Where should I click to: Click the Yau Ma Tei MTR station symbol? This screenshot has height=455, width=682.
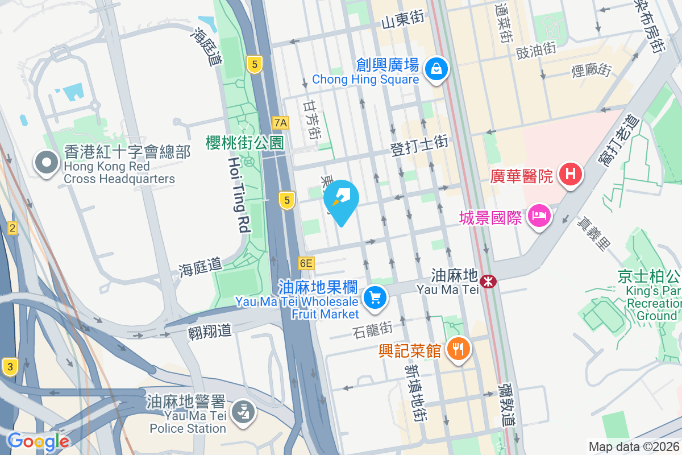click(488, 280)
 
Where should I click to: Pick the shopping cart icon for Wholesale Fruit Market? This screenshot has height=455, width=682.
click(375, 297)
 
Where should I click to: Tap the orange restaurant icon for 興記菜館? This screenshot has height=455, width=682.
click(458, 348)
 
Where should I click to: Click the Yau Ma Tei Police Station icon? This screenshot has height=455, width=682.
click(244, 412)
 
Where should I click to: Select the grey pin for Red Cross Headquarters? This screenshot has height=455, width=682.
click(46, 163)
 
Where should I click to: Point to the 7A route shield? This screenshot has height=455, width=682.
click(281, 122)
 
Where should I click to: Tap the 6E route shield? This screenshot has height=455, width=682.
click(306, 263)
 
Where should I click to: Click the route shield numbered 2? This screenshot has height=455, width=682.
click(13, 229)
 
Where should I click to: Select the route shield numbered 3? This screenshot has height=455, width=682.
click(9, 366)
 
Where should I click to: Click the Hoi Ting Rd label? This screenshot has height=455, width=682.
click(239, 195)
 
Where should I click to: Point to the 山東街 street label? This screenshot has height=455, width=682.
click(403, 20)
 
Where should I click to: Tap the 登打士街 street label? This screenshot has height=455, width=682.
click(420, 146)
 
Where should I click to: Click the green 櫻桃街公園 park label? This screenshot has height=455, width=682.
click(245, 142)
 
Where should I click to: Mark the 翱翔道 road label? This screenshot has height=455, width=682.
click(210, 330)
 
